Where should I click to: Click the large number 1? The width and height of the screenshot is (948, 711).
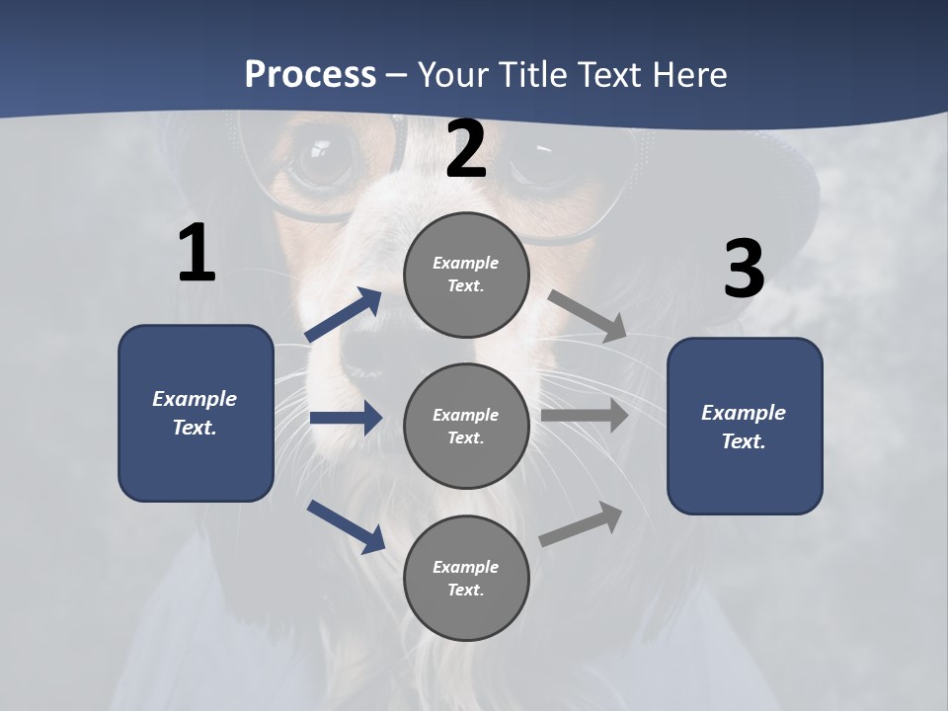(197, 255)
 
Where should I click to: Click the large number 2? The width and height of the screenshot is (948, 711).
(466, 150)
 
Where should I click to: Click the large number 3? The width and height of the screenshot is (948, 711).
(744, 270)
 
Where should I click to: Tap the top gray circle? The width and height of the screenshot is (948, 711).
(466, 275)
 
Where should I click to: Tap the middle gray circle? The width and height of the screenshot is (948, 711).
(466, 426)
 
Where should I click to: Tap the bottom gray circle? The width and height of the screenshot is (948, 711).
(466, 578)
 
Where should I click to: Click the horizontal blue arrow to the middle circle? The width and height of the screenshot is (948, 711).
(346, 418)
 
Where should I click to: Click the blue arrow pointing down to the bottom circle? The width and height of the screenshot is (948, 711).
(346, 525)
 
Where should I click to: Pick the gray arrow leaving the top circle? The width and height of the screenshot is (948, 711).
(587, 315)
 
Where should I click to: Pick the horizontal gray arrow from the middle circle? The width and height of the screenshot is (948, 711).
(585, 416)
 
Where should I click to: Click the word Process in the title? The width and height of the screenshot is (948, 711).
(310, 74)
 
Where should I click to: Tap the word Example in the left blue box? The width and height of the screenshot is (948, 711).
(195, 399)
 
